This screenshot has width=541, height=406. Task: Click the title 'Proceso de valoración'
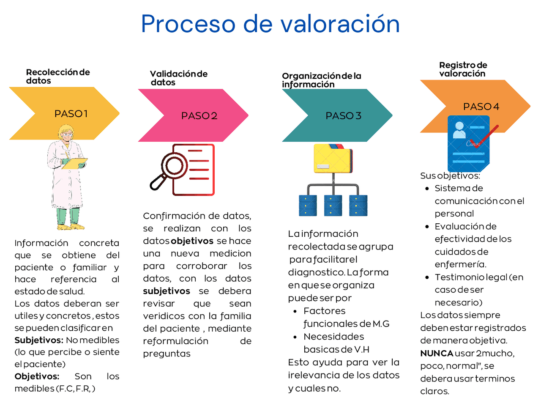point(270,24)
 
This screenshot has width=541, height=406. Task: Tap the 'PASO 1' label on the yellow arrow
point(71,113)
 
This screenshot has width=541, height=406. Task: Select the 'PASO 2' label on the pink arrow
point(199,115)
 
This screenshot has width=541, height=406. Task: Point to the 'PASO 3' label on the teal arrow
point(343,115)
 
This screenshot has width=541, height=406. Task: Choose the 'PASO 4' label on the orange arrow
point(481,107)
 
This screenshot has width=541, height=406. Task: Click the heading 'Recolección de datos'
point(57,76)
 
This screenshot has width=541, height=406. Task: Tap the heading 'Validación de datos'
point(178,78)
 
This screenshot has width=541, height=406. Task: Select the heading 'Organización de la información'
point(321,80)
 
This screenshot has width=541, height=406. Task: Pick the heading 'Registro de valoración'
point(463,69)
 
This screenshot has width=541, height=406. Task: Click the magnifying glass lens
point(173,165)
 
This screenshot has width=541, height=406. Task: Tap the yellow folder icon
point(333,159)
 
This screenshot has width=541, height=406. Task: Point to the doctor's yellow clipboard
point(75,163)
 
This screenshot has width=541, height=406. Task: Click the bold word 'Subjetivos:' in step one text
point(39,340)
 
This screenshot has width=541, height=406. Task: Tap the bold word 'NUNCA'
point(437,353)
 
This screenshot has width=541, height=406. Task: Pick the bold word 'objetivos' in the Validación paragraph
point(192,241)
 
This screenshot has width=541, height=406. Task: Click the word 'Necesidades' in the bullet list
point(333,336)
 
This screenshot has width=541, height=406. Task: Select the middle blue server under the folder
point(333,206)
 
